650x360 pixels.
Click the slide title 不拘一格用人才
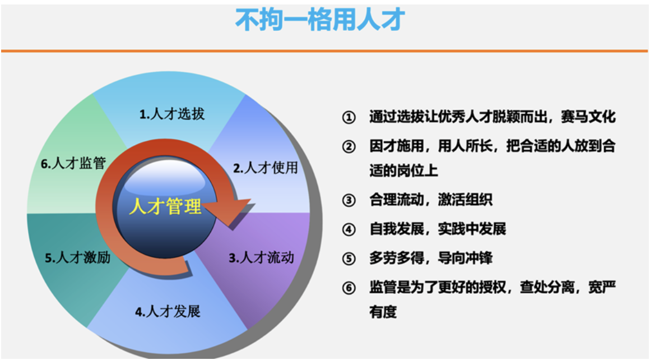tap(320, 20)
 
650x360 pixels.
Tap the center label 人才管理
tap(165, 206)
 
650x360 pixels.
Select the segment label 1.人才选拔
tap(172, 114)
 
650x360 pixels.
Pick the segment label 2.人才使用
tap(266, 168)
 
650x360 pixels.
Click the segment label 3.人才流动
tap(262, 257)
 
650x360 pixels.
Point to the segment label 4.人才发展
tap(168, 311)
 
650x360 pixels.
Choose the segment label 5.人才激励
tap(77, 257)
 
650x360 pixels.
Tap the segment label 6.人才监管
tap(73, 163)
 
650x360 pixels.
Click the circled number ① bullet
tap(349, 117)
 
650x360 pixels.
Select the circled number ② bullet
tap(349, 146)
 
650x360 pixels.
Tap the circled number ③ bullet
tap(349, 200)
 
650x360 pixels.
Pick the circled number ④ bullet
tap(349, 229)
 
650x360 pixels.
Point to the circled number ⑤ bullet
tap(349, 259)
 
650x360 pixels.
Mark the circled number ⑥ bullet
tap(349, 288)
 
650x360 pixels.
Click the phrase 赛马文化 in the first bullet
tap(588, 117)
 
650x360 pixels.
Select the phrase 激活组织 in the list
tap(465, 200)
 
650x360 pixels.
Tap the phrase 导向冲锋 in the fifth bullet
tap(465, 258)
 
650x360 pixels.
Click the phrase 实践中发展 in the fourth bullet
tap(472, 229)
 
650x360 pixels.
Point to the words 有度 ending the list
tap(383, 312)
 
